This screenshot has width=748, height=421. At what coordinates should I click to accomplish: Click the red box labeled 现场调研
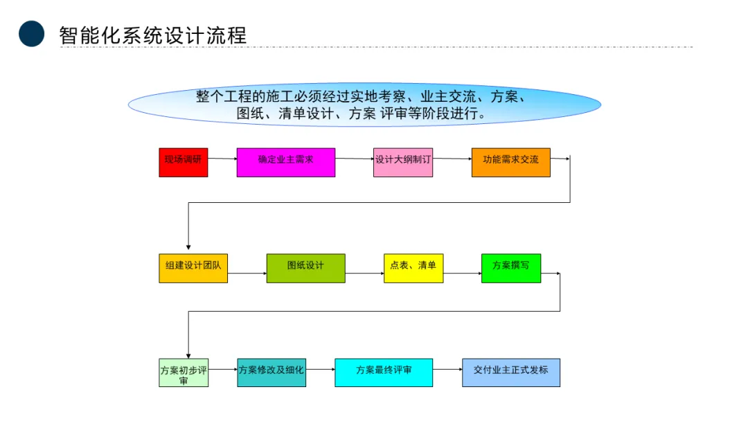click(x=183, y=162)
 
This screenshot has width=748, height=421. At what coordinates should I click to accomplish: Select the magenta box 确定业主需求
click(x=285, y=162)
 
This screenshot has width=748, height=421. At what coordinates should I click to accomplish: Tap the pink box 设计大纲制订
click(x=403, y=162)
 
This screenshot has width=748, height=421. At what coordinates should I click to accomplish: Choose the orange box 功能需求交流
click(x=510, y=162)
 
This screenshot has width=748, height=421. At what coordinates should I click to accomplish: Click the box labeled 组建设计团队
click(x=193, y=269)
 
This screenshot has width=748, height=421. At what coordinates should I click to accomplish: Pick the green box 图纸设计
click(x=305, y=268)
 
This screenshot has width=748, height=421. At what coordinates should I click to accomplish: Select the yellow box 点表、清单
click(x=413, y=268)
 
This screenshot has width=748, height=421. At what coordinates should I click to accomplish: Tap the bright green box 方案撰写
click(x=511, y=268)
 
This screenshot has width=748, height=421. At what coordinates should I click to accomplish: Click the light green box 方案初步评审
click(x=184, y=373)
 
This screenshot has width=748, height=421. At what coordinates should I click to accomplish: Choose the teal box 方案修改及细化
click(x=271, y=373)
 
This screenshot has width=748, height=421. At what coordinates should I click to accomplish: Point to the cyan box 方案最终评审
click(x=384, y=373)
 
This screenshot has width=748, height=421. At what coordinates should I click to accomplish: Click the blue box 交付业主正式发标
click(x=511, y=373)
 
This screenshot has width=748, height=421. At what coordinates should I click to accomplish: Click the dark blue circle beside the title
click(x=31, y=33)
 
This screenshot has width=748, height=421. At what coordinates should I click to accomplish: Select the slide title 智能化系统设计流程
click(x=153, y=35)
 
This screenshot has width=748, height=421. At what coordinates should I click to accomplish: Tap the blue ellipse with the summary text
click(x=364, y=105)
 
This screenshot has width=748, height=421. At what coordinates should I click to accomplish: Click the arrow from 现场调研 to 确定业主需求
click(x=222, y=159)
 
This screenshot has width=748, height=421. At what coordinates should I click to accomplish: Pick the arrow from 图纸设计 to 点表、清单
click(x=364, y=274)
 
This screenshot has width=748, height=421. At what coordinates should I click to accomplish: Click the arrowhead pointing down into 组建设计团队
click(x=188, y=246)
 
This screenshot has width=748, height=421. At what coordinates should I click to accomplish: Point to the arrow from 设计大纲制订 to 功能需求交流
click(x=452, y=159)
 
